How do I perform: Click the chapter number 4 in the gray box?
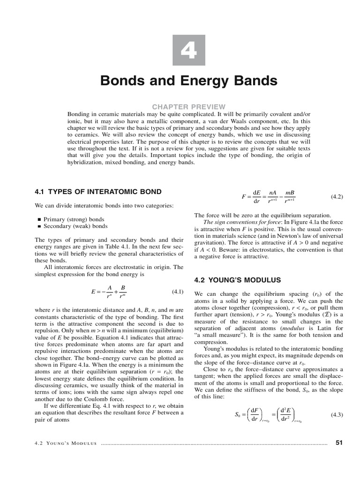[x=188, y=50]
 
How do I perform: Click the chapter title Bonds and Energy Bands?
[x=189, y=81]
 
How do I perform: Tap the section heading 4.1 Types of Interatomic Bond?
[x=98, y=192]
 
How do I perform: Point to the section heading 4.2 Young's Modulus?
[x=238, y=280]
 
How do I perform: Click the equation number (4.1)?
[x=177, y=292]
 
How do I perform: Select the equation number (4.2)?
[x=337, y=197]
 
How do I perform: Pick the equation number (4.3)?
[x=337, y=414]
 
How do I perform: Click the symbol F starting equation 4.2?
[x=244, y=197]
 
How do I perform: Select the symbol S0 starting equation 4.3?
[x=237, y=415]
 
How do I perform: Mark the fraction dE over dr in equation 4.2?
[x=256, y=197]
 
